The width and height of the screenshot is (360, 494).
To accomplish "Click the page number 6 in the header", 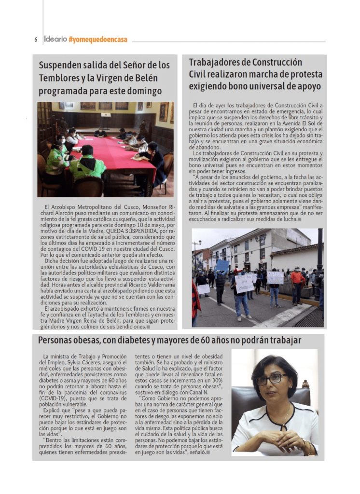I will tap(35, 40).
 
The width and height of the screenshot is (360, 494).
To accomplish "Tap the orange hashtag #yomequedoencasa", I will tap(98, 40).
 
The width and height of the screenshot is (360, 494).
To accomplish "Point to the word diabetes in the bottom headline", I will tap(143, 340).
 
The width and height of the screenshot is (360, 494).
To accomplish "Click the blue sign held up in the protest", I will tap(222, 265).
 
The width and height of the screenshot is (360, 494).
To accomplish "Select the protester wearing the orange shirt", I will tap(296, 278).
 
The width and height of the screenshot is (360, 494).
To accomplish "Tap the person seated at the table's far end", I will tap(101, 132).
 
